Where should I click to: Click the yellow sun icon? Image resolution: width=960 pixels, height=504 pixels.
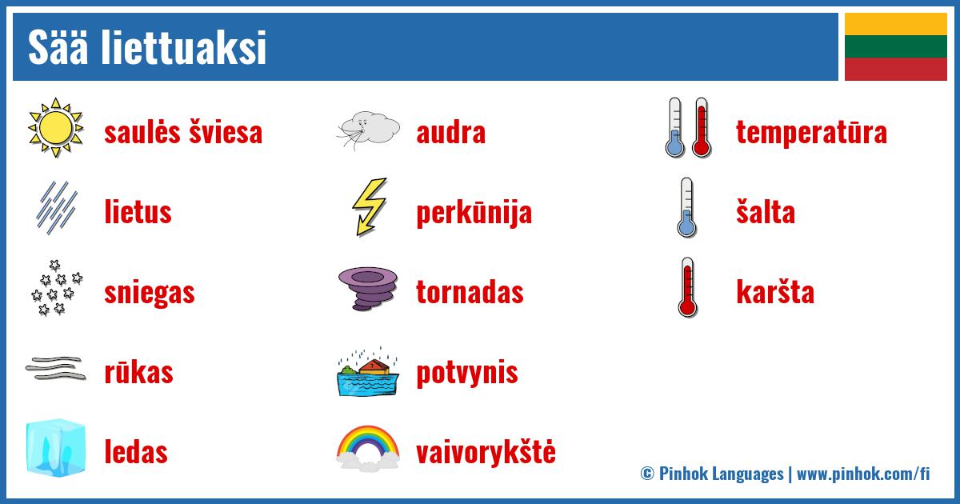coord(56,128)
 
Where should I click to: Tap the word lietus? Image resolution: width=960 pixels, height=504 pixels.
coord(138,212)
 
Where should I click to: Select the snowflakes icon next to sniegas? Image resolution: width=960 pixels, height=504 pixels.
coord(57,288)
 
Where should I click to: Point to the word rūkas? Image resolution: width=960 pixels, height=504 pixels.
coord(139,372)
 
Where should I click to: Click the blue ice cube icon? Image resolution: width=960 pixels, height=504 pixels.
coord(56,448)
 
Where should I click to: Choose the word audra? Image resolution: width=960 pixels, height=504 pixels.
coord(451,133)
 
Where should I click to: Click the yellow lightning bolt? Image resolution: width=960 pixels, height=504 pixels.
coord(370,206)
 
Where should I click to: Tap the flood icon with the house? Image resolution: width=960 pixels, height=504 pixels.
coord(368,371)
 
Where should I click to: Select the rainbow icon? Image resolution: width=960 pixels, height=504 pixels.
coord(368,448)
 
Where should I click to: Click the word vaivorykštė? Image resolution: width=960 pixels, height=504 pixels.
coord(486,452)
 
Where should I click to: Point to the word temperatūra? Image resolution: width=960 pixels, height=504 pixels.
coord(811,132)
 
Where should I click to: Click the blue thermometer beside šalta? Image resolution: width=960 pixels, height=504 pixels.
coord(687,207)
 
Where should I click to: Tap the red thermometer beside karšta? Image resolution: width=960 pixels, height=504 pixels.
coord(688,287)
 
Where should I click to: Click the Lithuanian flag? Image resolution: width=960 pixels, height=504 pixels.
coord(896,46)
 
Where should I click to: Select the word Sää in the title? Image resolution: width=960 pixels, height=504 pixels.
coord(58,46)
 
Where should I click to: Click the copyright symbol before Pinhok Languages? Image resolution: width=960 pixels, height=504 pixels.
coord(647,474)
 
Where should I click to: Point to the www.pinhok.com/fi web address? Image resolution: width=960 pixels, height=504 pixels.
coord(863,474)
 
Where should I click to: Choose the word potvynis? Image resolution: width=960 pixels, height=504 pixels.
coord(467,373)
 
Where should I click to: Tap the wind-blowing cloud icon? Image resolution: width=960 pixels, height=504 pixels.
coord(368,130)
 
